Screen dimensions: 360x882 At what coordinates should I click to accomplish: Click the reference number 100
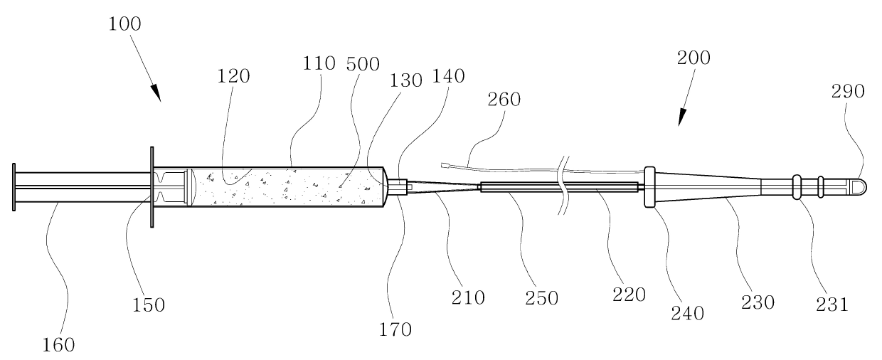125,23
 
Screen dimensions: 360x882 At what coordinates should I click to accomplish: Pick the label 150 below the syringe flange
147,305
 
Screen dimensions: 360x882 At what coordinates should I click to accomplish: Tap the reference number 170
395,329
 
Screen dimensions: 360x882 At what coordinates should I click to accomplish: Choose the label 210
468,297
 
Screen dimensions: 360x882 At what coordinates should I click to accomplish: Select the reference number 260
504,100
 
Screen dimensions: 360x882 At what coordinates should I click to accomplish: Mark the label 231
831,305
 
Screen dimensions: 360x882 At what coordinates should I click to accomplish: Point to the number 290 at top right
848,91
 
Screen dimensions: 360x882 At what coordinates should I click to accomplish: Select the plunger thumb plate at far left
14,187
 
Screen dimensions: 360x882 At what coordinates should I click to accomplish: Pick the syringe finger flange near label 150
152,187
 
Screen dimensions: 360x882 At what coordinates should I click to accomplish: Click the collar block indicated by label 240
649,187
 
